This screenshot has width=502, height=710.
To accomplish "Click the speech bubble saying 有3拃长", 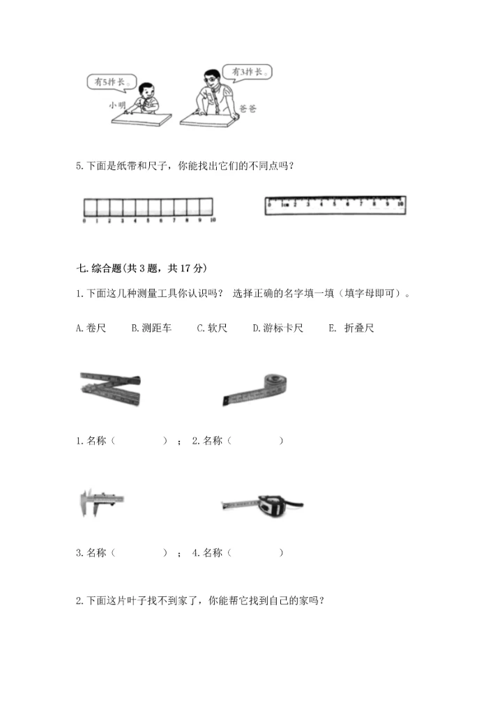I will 246,72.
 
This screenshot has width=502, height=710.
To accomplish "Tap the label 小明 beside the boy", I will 117,105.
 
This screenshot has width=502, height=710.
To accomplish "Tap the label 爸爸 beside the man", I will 248,109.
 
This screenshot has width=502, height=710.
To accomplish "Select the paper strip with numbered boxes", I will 148,206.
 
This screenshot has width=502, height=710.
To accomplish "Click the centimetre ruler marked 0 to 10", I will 335,204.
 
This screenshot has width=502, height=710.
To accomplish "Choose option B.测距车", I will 151,327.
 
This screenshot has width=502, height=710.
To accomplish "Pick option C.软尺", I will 212,327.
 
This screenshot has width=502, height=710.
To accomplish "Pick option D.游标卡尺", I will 277,327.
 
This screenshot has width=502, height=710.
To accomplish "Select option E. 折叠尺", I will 351,327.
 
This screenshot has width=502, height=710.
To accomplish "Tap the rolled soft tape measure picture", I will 256,389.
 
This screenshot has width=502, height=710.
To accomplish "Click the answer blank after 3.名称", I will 140,552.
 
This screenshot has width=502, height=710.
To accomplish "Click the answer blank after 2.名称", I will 256,441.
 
